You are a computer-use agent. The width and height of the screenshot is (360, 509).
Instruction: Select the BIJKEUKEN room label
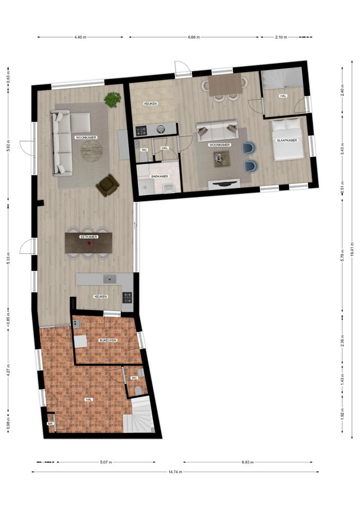pyautogui.click(x=108, y=340)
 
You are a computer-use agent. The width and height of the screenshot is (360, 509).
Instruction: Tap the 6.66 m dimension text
pyautogui.click(x=196, y=37)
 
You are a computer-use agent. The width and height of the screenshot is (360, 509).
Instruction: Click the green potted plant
pyautogui.click(x=112, y=99)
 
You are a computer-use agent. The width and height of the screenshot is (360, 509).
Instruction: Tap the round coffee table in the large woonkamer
pyautogui.click(x=92, y=151)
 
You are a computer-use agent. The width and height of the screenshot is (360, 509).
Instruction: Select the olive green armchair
pyautogui.click(x=108, y=185)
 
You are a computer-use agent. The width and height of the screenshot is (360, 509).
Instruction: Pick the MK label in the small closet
pyautogui.click(x=50, y=424)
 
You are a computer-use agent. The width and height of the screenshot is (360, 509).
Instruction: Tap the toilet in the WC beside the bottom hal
pyautogui.click(x=138, y=390)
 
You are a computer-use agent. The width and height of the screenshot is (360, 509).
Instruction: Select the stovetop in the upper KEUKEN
pyautogui.click(x=142, y=130)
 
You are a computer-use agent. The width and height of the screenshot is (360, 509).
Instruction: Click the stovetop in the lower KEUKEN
pyautogui.click(x=128, y=299)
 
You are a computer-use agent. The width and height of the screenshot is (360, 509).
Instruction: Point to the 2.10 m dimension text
pyautogui.click(x=281, y=37)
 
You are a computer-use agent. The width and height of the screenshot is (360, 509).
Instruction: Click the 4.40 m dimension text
pyautogui.click(x=81, y=37)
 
